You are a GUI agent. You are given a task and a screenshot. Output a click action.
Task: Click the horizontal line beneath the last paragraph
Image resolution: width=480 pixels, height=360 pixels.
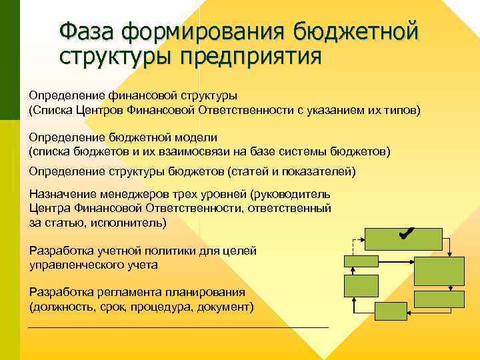(179, 327)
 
